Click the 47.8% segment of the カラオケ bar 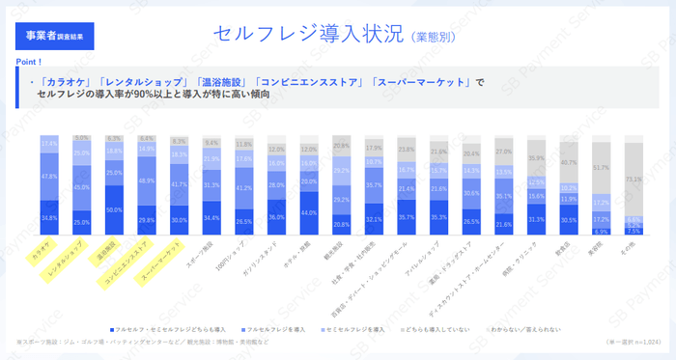50,177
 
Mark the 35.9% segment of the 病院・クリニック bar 535,159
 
